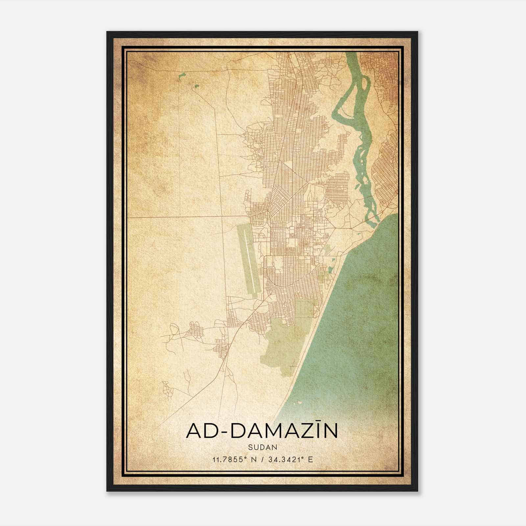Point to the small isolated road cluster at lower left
(x=168, y=390)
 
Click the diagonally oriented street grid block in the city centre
(x=279, y=197)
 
